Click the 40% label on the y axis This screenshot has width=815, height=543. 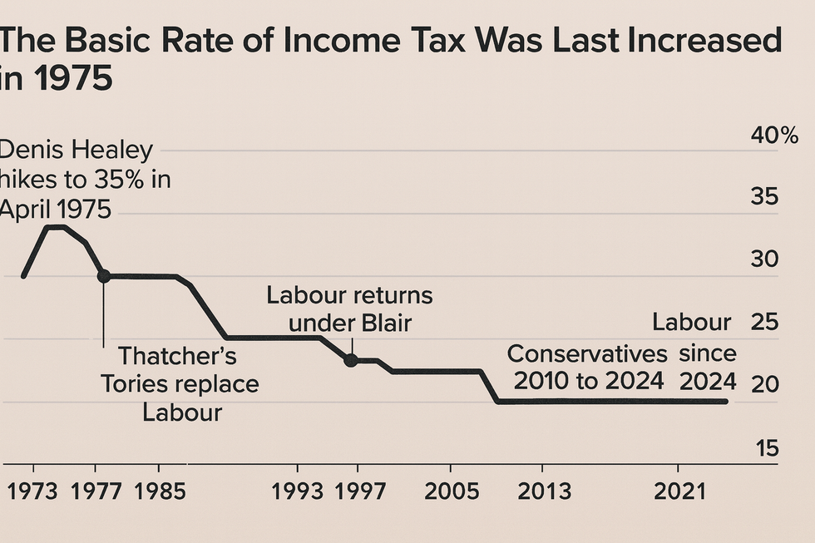tap(774, 136)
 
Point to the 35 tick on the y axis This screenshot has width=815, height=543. tap(766, 197)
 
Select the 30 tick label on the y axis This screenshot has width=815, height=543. tap(766, 259)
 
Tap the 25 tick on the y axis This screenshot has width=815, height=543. tap(766, 322)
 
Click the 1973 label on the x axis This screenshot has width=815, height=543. tap(31, 491)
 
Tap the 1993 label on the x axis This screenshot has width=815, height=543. tap(298, 491)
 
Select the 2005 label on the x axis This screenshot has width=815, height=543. tap(451, 491)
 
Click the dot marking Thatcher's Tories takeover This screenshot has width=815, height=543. tap(103, 276)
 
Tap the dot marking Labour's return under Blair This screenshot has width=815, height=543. tap(351, 360)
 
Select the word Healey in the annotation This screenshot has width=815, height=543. tap(113, 151)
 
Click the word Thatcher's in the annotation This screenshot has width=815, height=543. tap(177, 357)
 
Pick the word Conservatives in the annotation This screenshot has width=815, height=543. tap(587, 353)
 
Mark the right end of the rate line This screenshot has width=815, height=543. tap(726, 402)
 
